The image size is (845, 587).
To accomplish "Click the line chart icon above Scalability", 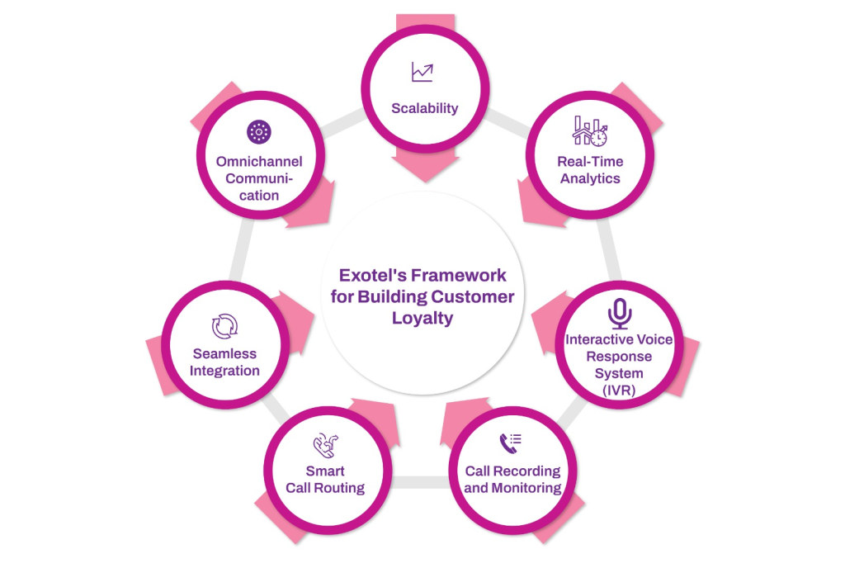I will tap(422, 73).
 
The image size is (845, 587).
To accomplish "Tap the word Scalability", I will tap(424, 108).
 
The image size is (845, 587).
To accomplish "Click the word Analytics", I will tap(590, 178).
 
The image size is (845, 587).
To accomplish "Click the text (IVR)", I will tap(619, 391).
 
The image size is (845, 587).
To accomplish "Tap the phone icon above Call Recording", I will tap(511, 444).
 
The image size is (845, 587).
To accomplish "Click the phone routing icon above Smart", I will tap(324, 446).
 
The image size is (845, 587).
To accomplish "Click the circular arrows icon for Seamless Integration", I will tap(224, 326).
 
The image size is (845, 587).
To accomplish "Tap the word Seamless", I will tap(224, 353).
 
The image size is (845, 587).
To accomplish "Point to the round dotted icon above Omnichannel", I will tap(258, 131).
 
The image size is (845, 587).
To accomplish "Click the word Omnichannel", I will tap(259, 161).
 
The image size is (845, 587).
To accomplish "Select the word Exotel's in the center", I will tap(371, 275).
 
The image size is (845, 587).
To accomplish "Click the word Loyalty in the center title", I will tap(422, 319).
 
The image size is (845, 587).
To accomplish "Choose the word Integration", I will tap(224, 371).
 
